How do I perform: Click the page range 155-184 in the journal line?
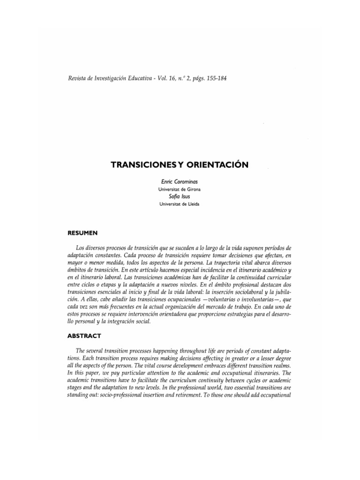tap(215, 78)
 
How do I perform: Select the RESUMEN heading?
tap(82, 232)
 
